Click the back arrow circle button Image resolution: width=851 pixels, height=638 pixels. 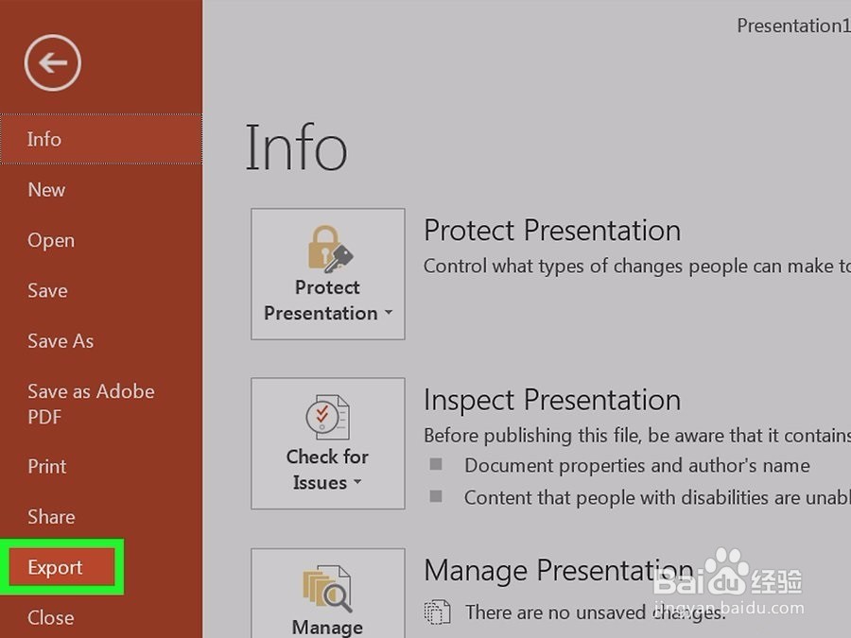53,63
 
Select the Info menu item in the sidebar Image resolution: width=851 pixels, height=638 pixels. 43,140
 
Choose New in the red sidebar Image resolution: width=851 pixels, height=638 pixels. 46,190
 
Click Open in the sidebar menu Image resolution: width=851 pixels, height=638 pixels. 51,240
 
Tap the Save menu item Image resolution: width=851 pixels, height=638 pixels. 48,291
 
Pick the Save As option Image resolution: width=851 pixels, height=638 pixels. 61,341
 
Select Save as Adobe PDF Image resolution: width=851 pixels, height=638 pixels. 91,405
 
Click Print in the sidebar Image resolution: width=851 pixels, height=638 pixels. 47,467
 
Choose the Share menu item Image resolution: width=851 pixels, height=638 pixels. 52,517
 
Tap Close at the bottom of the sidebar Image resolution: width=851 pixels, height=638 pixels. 51,618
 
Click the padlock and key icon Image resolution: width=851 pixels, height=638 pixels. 330,249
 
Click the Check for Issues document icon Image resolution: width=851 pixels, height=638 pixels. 327,417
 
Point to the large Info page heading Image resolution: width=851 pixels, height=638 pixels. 296,147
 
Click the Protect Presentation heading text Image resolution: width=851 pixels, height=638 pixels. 552,231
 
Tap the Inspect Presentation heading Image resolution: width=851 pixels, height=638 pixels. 552,401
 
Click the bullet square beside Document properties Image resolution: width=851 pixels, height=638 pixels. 436,464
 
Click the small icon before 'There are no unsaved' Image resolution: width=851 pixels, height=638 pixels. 437,612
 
